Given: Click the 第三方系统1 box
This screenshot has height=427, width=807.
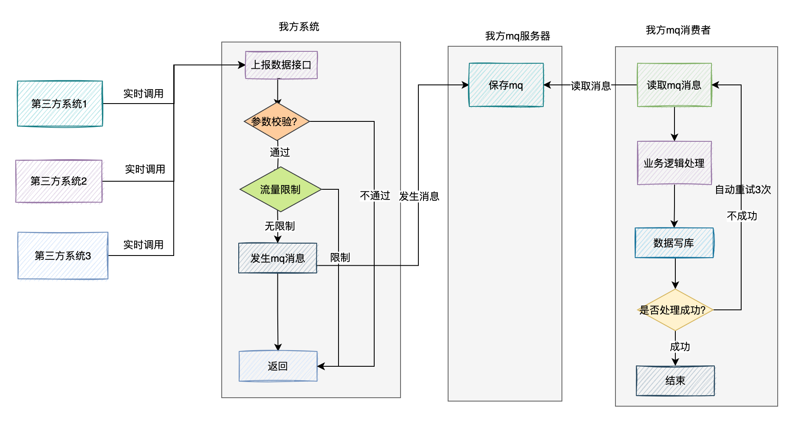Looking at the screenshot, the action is point(60,104).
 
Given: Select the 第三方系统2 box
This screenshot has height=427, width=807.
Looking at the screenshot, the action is point(59,181).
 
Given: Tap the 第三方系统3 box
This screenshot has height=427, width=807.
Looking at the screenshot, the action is point(63,256).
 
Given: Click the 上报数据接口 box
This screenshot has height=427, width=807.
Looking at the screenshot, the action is point(281,65).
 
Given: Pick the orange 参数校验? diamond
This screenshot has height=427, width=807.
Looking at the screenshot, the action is point(277,121).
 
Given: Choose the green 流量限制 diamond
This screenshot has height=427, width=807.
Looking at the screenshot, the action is point(280,189).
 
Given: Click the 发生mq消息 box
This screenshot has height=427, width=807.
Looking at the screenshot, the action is point(278,258).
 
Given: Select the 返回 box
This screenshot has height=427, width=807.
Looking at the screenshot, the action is point(278,366).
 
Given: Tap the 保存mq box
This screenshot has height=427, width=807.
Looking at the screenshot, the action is point(506,85).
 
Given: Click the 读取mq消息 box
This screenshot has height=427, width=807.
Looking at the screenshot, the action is point(674,85).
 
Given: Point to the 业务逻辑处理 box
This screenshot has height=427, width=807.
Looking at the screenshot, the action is point(674,163).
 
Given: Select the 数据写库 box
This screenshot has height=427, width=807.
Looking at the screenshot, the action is point(674,243).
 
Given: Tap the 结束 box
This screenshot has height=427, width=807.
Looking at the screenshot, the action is point(675,381).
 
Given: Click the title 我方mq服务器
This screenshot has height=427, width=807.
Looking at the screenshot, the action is point(518,36).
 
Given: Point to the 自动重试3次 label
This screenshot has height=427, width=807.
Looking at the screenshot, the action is point(743,189).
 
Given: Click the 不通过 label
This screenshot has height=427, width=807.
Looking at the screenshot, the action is point(375,195).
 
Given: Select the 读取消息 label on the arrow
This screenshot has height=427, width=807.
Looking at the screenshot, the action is point(591,86).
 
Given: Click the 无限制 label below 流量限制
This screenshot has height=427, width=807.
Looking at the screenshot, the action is point(280,226).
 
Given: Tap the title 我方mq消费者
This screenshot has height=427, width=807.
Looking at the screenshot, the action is point(678,30).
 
